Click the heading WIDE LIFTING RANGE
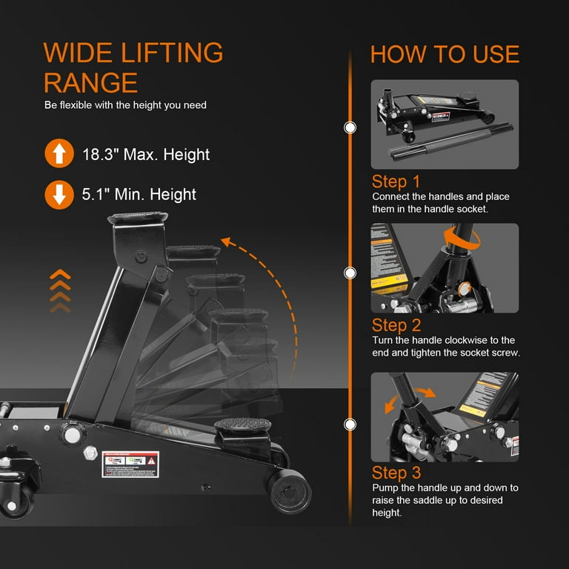point(133,67)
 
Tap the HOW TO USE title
point(445,54)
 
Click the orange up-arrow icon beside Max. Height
point(59,154)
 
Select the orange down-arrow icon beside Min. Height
point(59,195)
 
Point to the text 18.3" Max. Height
point(146,155)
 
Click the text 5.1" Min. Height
point(139,195)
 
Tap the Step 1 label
point(396,182)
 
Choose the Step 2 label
point(396,325)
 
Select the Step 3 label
point(396,473)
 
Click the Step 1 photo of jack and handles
point(445,124)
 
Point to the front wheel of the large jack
point(290,491)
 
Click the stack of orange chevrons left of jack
point(60,290)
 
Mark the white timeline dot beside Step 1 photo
point(350,128)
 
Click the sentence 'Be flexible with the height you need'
point(125,105)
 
